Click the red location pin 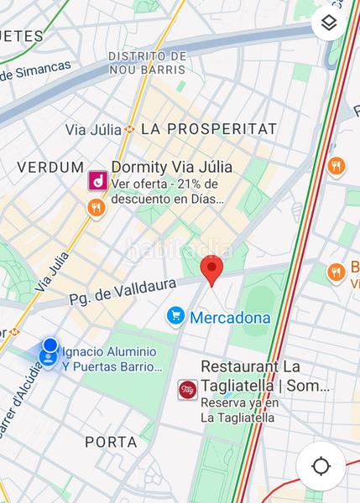212,270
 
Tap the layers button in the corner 329,24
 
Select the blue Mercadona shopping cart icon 175,316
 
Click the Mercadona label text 230,318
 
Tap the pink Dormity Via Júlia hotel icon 97,179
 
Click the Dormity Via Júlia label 172,168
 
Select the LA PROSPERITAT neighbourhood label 209,129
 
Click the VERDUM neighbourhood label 51,168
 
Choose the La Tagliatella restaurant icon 186,389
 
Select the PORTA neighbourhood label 111,442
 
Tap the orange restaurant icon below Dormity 97,206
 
